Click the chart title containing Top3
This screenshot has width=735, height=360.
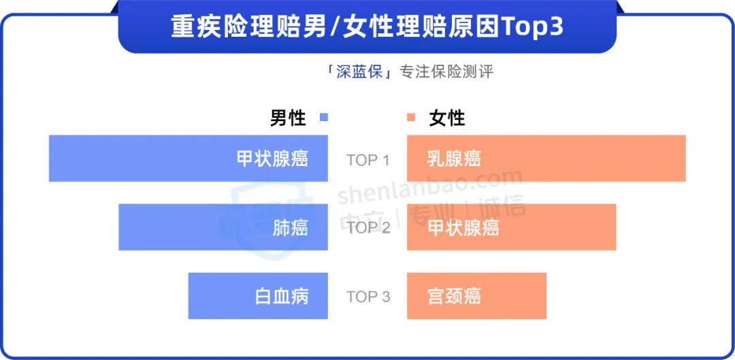coord(367,28)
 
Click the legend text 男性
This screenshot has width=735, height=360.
coord(288,118)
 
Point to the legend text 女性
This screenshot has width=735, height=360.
coord(447,118)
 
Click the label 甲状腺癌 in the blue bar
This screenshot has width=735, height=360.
coord(272,159)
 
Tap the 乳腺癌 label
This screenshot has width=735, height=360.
coord(454,159)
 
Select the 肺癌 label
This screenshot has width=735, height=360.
coord(290,228)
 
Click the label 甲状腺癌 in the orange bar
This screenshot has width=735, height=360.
coord(463,228)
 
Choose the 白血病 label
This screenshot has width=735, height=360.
coord(282,297)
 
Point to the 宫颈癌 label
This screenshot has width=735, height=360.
coord(454,297)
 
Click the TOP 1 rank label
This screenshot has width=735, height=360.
coord(368,161)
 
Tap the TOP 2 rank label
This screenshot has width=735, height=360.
coord(368,228)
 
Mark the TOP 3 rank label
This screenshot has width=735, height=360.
coord(368,297)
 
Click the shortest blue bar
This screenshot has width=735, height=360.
coord(259,296)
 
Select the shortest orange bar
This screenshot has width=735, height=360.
coord(476,296)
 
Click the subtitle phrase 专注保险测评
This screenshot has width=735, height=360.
coord(446,73)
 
